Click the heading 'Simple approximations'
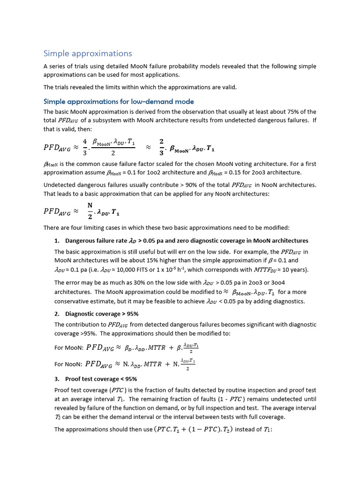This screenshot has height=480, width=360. coord(88,53)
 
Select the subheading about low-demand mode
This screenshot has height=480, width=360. coord(119,101)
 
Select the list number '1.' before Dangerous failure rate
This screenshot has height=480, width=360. coord(57,240)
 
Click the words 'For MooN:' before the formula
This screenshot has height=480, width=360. coord(69,347)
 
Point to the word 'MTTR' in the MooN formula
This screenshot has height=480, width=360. coord(160,347)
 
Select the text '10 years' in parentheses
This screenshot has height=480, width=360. coord(293,270)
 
